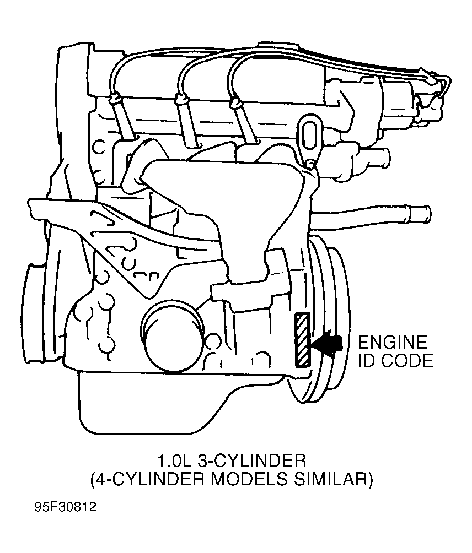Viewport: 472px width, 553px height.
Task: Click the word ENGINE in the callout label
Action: [392, 343]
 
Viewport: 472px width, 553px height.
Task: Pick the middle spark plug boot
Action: [181, 100]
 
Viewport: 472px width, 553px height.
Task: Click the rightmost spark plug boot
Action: [235, 103]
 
